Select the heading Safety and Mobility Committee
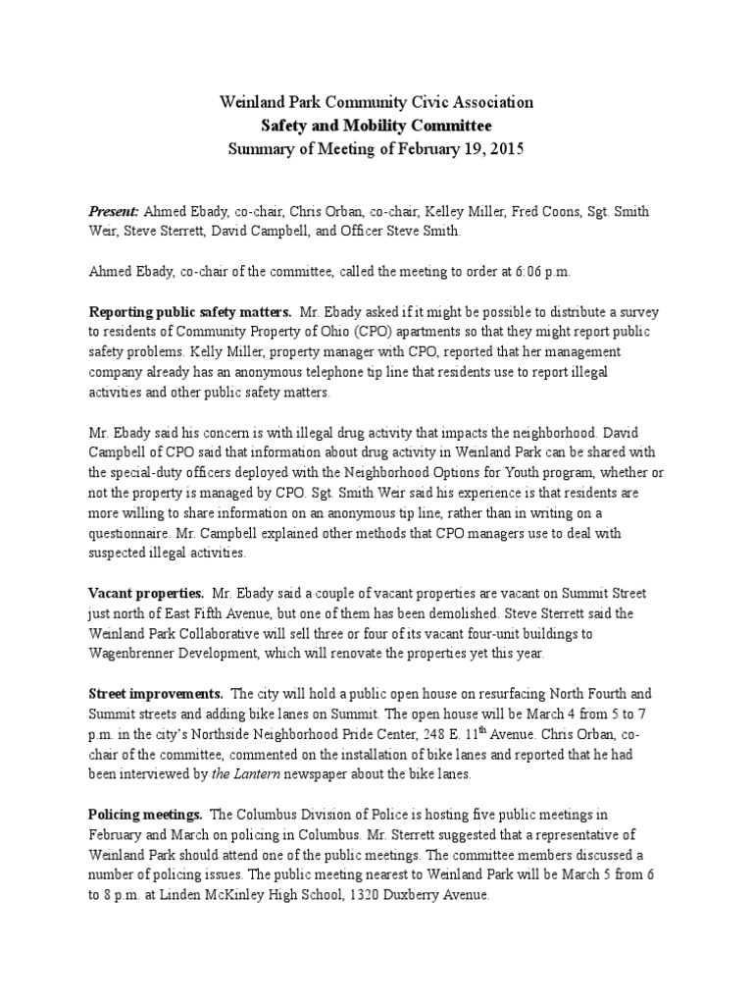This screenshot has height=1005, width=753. click(x=376, y=126)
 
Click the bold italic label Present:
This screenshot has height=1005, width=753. click(x=116, y=212)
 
